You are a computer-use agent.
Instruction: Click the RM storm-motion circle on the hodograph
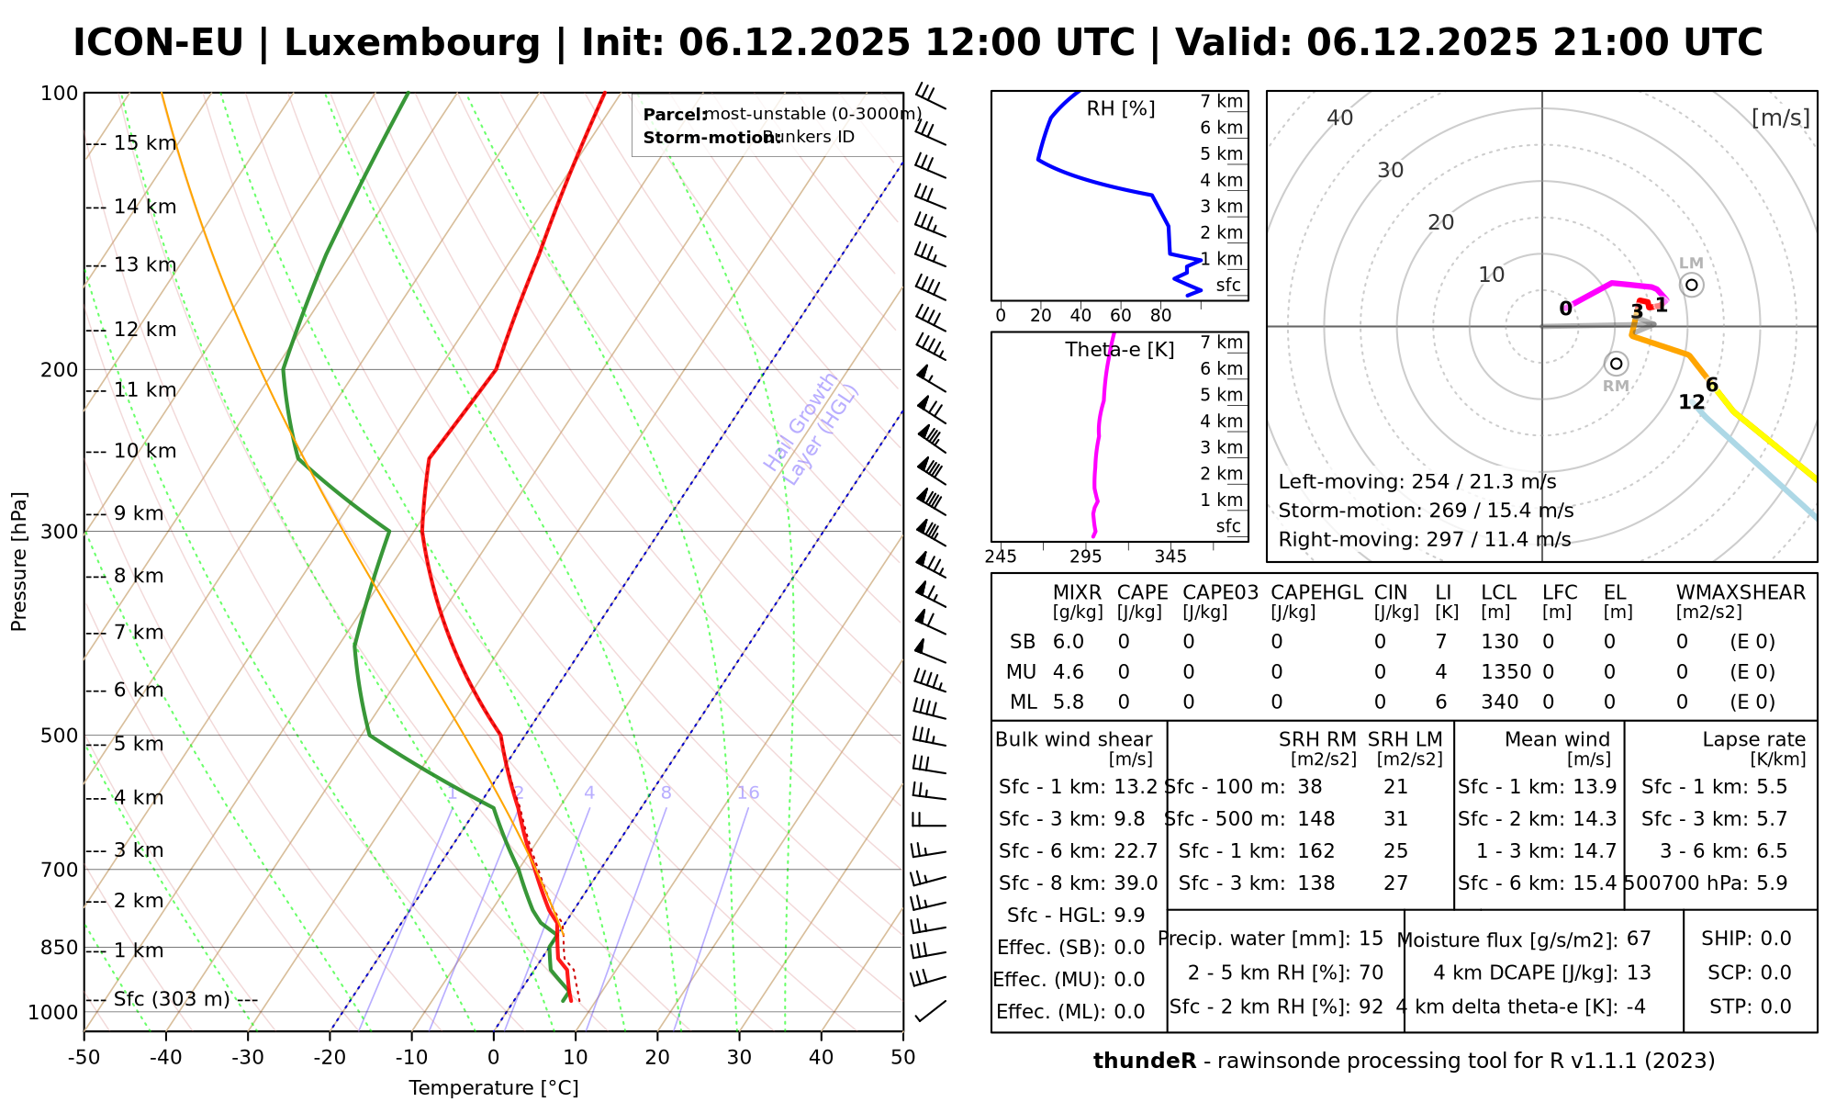[x=1617, y=364]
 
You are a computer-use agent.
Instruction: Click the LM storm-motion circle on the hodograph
[x=1692, y=285]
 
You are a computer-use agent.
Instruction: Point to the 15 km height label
[x=145, y=143]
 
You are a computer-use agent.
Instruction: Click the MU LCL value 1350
[x=1506, y=672]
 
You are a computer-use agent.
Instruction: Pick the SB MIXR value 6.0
[x=1069, y=642]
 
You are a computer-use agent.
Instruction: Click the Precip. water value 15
[x=1371, y=939]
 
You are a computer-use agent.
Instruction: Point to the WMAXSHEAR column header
[x=1741, y=592]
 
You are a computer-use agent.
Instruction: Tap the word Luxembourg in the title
[x=412, y=43]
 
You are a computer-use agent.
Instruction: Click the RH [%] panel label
[x=1121, y=109]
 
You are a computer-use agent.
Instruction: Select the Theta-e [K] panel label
[x=1120, y=350]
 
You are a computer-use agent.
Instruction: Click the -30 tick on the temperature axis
[x=248, y=1057]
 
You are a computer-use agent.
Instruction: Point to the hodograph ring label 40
[x=1340, y=118]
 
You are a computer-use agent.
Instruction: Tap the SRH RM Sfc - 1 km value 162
[x=1315, y=851]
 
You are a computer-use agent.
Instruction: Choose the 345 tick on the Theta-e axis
[x=1170, y=557]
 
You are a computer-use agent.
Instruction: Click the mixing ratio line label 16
[x=748, y=793]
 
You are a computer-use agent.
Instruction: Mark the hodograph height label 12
[x=1692, y=402]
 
